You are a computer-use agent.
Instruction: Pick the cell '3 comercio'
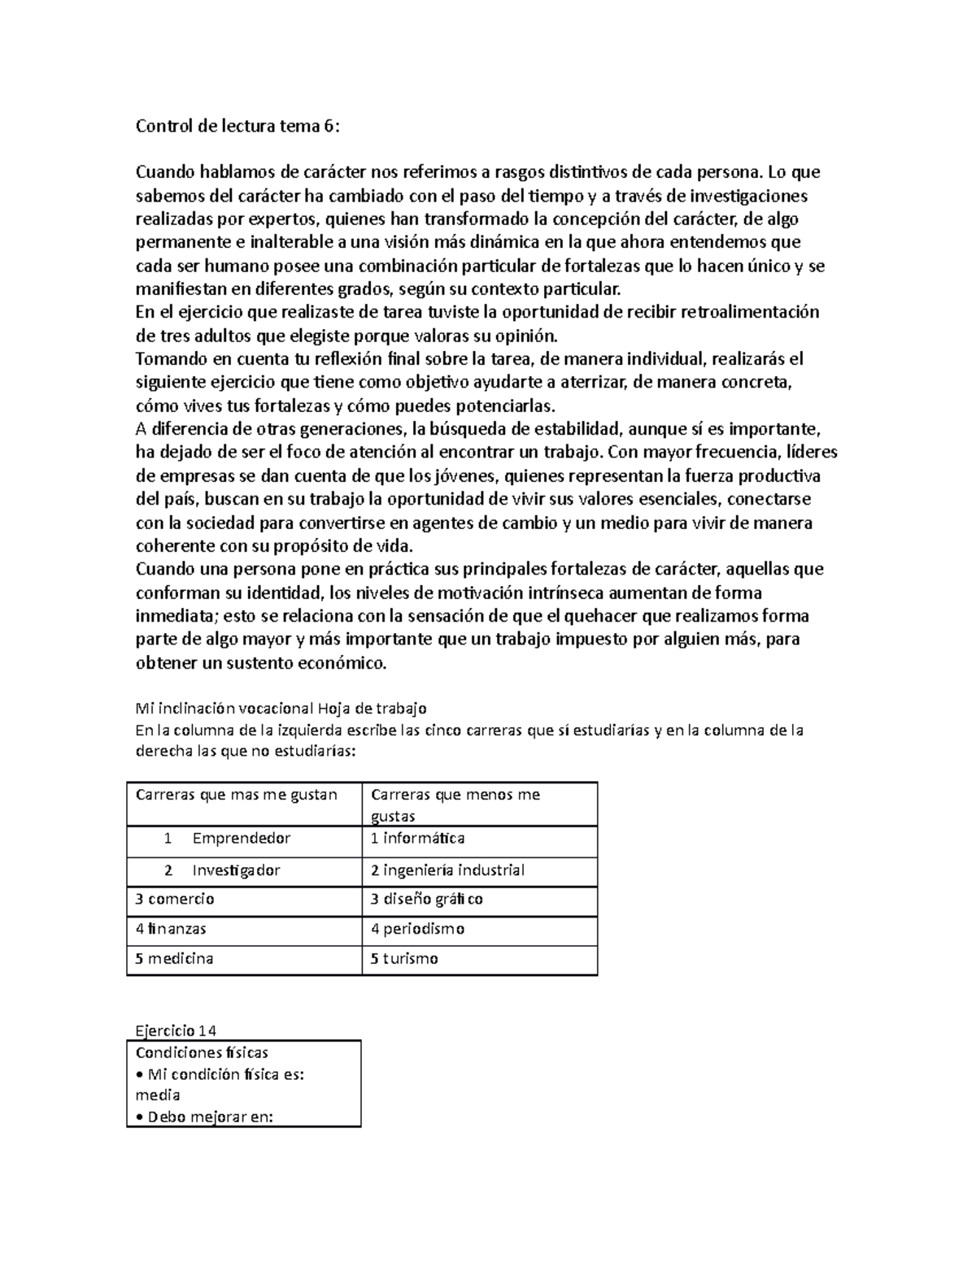[175, 899]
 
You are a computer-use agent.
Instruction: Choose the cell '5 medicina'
[174, 958]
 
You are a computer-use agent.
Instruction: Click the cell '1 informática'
[418, 838]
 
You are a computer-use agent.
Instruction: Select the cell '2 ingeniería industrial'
[447, 870]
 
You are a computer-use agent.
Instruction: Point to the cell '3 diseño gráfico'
[427, 899]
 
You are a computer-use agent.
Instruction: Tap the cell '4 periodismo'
[417, 928]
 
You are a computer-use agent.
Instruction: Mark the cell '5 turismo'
[404, 958]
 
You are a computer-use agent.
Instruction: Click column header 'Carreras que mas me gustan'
[237, 794]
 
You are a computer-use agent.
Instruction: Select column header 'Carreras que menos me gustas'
[455, 804]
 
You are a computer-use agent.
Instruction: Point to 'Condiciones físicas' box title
[202, 1052]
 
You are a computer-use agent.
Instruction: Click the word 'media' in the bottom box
[158, 1095]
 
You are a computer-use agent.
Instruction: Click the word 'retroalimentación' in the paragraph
[749, 312]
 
